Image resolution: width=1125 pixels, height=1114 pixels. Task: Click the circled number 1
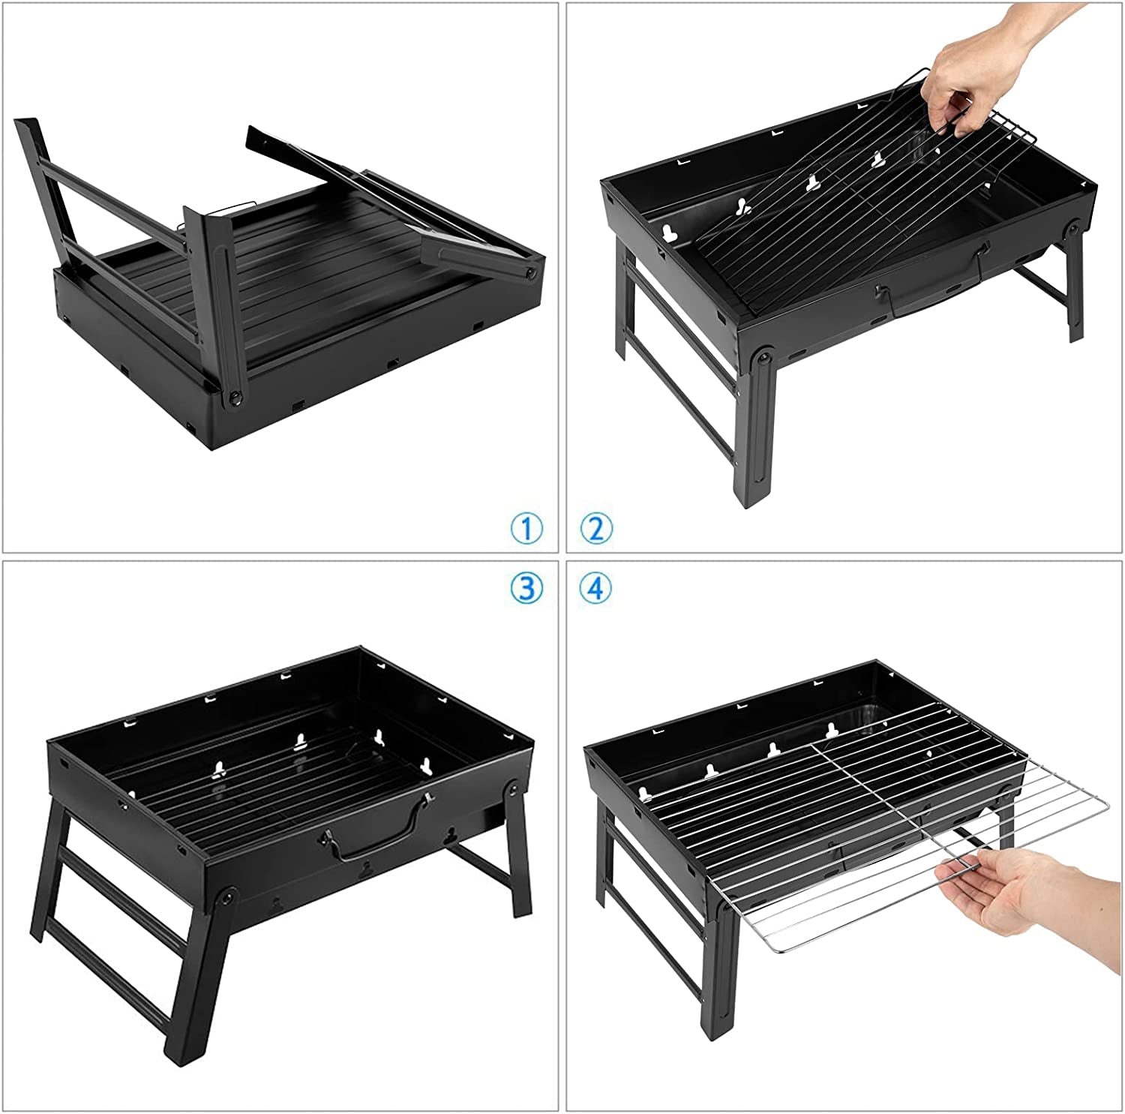[x=526, y=529]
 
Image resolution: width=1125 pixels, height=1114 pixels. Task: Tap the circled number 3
[x=526, y=588]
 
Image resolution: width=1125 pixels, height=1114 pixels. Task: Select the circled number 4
[x=596, y=588]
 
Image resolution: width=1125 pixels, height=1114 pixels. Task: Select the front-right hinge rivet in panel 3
[x=514, y=788]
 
